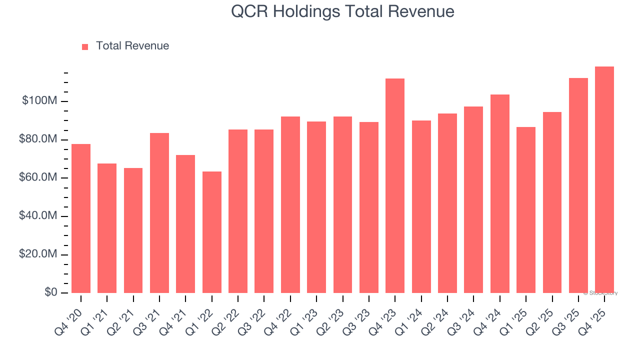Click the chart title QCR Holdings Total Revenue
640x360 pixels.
click(342, 11)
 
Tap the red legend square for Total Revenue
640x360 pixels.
click(85, 46)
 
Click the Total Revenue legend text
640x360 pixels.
click(132, 46)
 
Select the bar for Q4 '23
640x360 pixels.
click(395, 185)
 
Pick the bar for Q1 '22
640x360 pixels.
click(212, 232)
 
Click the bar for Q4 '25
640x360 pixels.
click(604, 179)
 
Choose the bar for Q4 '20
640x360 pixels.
click(81, 218)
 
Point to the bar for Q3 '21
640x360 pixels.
click(159, 213)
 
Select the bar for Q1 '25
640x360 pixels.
click(526, 210)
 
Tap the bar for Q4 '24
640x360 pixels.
click(500, 193)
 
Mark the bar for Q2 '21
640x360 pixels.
click(133, 230)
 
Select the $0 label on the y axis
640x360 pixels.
click(50, 292)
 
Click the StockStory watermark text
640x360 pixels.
click(600, 293)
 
